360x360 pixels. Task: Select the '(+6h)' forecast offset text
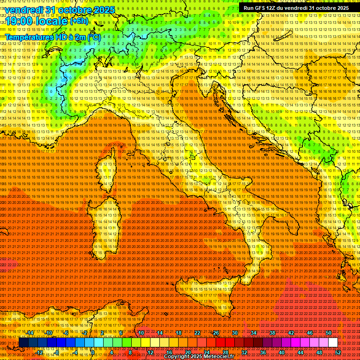point(79,21)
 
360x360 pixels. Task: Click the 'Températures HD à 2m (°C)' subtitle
point(52,37)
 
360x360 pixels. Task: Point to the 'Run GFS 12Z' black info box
point(296,8)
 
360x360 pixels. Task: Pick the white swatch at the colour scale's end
point(333,343)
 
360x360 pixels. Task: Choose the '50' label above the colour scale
point(328,333)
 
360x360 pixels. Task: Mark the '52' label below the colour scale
point(337,352)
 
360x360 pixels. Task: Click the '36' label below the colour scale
point(262,352)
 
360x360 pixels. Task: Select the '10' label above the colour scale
point(141,333)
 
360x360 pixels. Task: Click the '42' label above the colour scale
point(291,333)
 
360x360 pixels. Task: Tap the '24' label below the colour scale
point(206,352)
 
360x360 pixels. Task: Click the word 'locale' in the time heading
point(52,21)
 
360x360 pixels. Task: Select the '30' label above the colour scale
point(234,333)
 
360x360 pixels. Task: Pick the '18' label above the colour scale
point(178,333)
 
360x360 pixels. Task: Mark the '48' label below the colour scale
point(319,352)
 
